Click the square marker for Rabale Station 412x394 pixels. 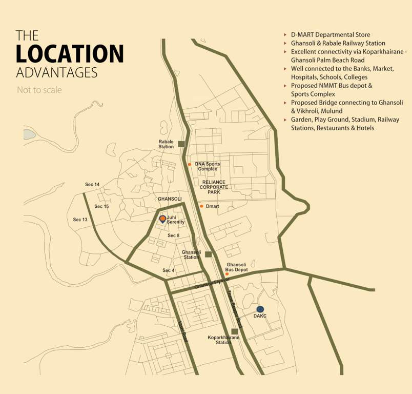[181, 144]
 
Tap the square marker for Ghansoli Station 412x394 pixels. [208, 254]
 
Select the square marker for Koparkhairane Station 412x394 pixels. [235, 331]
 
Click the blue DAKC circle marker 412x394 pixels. [260, 309]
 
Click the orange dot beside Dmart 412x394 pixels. [201, 206]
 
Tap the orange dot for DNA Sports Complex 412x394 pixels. [190, 164]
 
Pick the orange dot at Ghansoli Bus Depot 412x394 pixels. [227, 274]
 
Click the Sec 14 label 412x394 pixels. [92, 184]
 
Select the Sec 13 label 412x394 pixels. [80, 220]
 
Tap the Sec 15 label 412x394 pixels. [101, 206]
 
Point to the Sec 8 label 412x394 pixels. [174, 235]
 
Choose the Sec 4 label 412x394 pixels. [169, 270]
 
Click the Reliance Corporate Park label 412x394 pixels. [214, 187]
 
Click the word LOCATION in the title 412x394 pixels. [70, 53]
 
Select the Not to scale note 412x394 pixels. [39, 90]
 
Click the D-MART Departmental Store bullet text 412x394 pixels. [331, 35]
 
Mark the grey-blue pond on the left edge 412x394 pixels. [29, 134]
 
